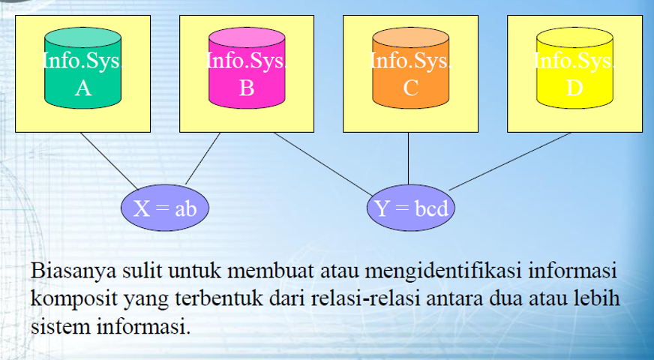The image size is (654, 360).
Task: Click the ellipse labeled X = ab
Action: (x=165, y=208)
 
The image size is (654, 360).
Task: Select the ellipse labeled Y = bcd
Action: (x=411, y=208)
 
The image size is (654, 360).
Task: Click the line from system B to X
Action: (x=202, y=158)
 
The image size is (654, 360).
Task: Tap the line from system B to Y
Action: (x=322, y=163)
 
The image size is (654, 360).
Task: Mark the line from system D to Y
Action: (x=510, y=161)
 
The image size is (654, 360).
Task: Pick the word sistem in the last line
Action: (x=55, y=327)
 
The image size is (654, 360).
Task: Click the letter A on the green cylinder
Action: (x=82, y=88)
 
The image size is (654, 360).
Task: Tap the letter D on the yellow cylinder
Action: (x=574, y=88)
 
